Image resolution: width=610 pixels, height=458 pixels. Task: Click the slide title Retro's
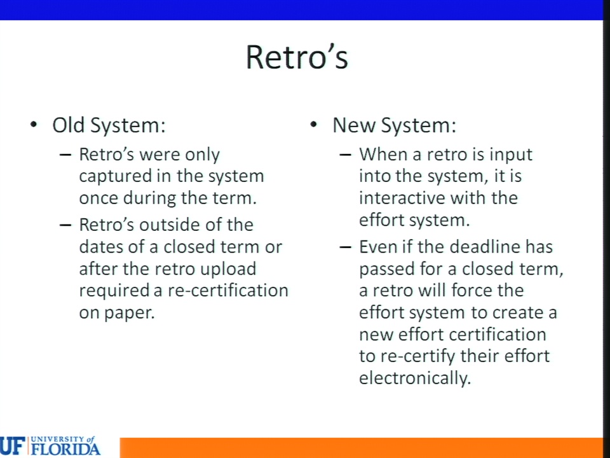point(297,57)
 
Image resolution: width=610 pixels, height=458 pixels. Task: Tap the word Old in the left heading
point(69,125)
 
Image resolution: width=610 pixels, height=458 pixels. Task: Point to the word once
point(98,198)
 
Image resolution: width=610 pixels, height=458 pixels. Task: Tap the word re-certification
point(228,291)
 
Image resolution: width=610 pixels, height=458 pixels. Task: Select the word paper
point(130,313)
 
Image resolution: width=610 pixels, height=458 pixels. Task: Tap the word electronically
point(415,378)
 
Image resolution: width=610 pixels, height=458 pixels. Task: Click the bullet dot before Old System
point(34,125)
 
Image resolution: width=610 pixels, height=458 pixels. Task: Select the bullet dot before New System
point(314,125)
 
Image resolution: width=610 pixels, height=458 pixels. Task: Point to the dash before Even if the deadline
point(346,247)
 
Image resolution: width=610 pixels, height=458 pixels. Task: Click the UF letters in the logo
point(12,447)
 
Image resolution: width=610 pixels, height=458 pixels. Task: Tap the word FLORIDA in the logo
point(65,449)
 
